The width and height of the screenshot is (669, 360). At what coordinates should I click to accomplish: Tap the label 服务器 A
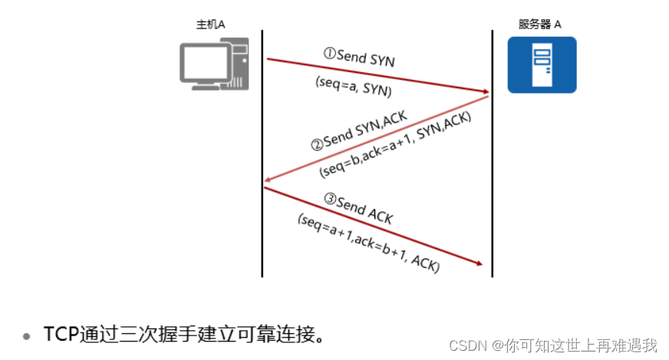tap(539, 24)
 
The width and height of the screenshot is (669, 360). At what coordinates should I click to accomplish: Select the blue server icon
tap(542, 64)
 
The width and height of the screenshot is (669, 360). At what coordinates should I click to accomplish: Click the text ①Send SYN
tap(359, 57)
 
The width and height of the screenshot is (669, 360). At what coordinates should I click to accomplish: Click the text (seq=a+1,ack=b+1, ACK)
tap(368, 243)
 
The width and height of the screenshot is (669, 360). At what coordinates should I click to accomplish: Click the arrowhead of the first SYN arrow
tap(485, 93)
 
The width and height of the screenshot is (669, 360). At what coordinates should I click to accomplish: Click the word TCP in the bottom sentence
tap(61, 335)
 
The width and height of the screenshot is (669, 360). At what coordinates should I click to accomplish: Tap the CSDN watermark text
tap(468, 345)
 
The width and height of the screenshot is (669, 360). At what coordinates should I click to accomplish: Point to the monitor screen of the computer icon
tap(205, 61)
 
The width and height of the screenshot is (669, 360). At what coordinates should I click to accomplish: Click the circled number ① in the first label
tap(330, 54)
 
